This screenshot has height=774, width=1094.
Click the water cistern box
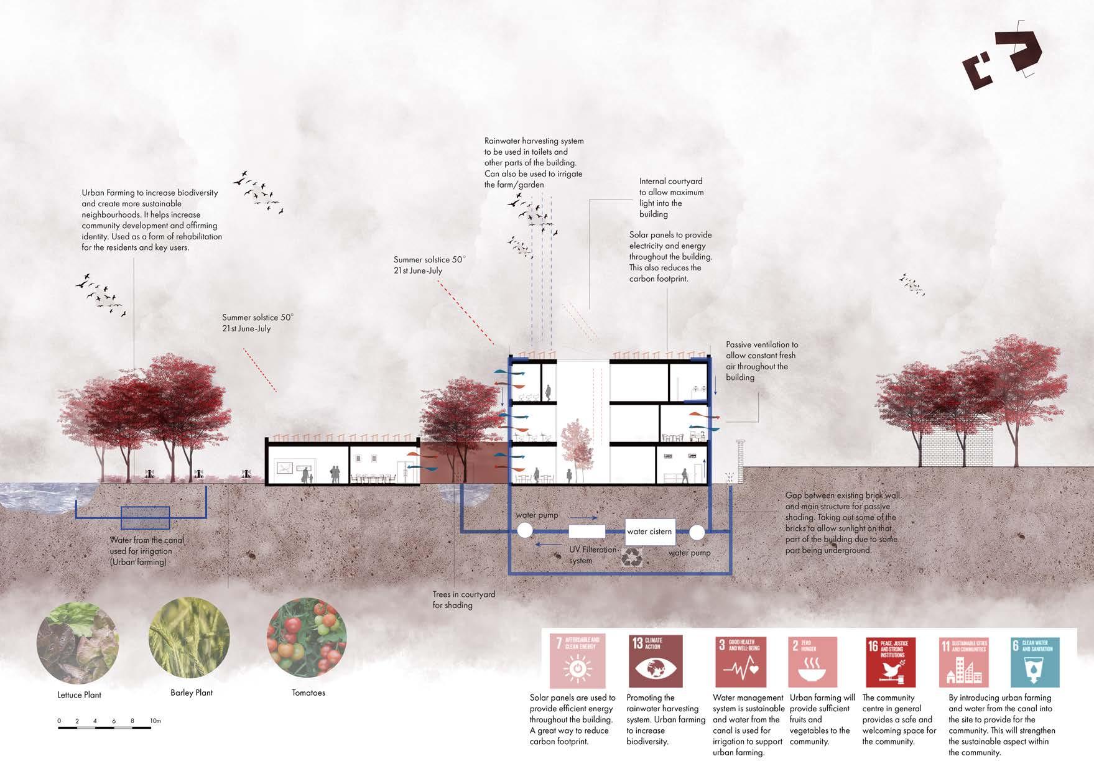click(x=649, y=532)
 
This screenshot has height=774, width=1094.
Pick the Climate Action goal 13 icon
click(x=655, y=660)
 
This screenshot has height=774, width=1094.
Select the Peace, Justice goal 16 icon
click(x=891, y=661)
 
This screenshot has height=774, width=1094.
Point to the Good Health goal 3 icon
click(x=740, y=661)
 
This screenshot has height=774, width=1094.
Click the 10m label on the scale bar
click(x=155, y=721)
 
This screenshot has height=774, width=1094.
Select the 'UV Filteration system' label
click(x=591, y=555)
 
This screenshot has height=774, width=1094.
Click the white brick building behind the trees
click(x=958, y=445)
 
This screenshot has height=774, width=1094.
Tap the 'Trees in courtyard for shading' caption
click(x=463, y=600)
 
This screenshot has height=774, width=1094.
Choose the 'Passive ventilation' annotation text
click(x=761, y=361)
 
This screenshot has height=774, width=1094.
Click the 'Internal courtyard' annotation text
click(x=670, y=198)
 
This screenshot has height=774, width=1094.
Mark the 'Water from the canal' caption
click(x=147, y=551)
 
